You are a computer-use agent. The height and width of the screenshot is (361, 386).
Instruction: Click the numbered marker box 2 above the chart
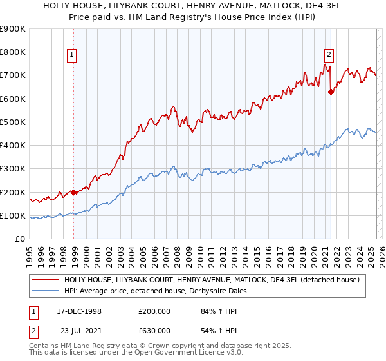pos(329,55)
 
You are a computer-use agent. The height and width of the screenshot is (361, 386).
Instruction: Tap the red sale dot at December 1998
pos(74,192)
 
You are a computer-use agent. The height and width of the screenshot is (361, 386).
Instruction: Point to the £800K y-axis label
pos(13,52)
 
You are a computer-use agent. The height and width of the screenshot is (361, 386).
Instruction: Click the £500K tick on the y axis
pos(13,122)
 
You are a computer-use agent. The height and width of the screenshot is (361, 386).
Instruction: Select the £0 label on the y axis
pos(21,239)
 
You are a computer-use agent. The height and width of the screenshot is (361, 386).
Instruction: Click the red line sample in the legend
pos(45,280)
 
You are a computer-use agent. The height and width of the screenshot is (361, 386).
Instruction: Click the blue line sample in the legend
pos(45,291)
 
